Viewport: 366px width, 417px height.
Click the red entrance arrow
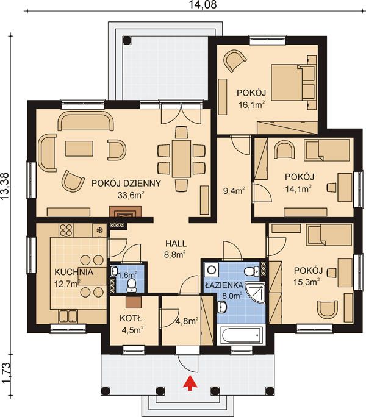pos(190,383)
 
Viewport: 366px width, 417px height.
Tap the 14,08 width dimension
pos(203,4)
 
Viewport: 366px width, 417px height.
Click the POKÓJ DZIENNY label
pos(126,184)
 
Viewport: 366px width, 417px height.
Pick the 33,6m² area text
pos(131,195)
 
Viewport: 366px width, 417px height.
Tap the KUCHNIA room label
pos(74,272)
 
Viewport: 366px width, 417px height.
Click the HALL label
pos(176,243)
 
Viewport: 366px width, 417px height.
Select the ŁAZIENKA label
pos(224,285)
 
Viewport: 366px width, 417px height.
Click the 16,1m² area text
pos(251,104)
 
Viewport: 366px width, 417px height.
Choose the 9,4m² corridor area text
pos(234,191)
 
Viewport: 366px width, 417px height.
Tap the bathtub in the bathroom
pos(242,335)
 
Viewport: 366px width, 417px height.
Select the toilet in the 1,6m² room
pos(131,285)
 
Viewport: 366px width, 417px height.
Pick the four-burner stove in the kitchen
pos(66,230)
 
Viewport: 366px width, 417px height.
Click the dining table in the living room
pos(181,159)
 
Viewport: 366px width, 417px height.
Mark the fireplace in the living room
pos(125,212)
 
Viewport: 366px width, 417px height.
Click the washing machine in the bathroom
pos(212,270)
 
